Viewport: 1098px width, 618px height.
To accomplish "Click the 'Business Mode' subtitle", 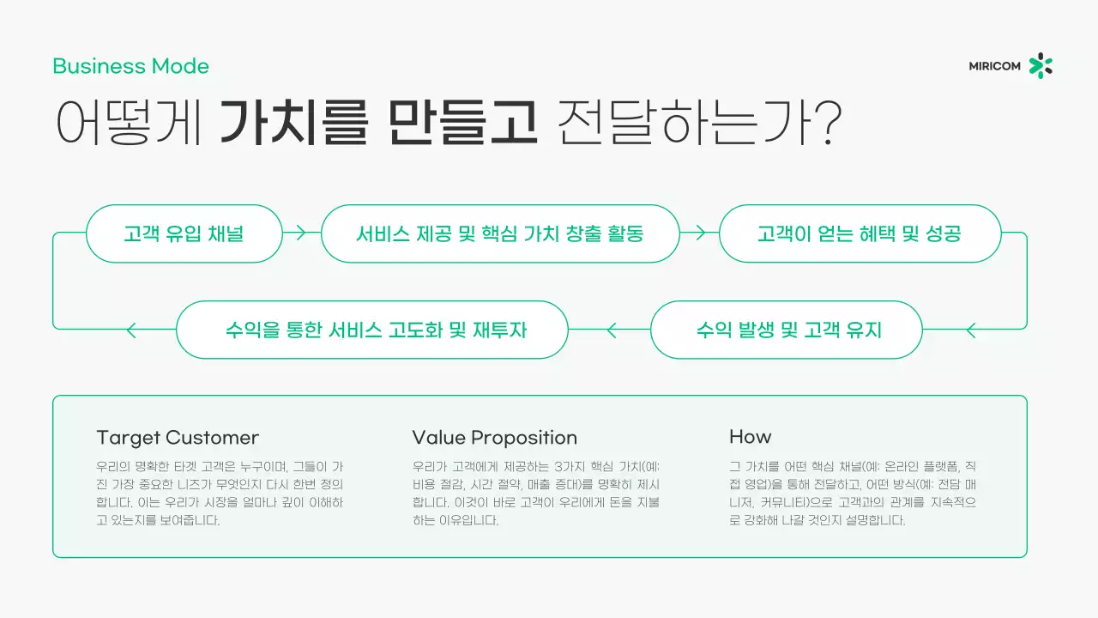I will click(130, 66).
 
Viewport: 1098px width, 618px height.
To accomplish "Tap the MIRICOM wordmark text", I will click(994, 66).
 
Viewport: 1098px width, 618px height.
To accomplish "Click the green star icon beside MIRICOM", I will click(1041, 66).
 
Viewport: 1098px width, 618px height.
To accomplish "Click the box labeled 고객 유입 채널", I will click(184, 233).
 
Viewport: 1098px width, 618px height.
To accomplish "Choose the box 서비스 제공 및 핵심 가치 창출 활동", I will click(499, 233).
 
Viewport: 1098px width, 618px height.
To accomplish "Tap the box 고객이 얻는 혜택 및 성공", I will click(859, 233).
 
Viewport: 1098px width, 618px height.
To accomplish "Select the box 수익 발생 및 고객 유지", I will click(786, 330).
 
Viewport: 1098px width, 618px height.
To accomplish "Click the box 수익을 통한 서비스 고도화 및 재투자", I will click(371, 330).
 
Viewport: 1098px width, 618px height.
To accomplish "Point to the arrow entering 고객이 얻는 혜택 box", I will click(700, 232).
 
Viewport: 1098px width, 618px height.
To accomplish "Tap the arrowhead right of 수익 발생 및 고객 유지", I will click(971, 329).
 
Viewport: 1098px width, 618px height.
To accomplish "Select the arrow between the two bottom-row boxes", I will click(612, 329).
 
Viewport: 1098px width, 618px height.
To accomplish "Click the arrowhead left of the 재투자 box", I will click(131, 329).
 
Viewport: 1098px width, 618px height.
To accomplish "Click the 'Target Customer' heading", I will click(178, 437).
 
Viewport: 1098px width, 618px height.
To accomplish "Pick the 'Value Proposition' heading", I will click(494, 437).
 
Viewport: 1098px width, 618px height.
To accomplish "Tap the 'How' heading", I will click(750, 437).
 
